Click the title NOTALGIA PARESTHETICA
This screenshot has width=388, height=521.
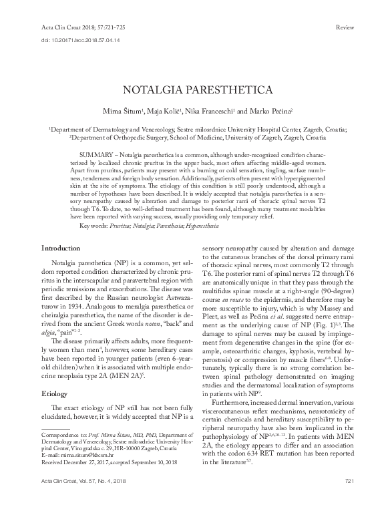(194, 89)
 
